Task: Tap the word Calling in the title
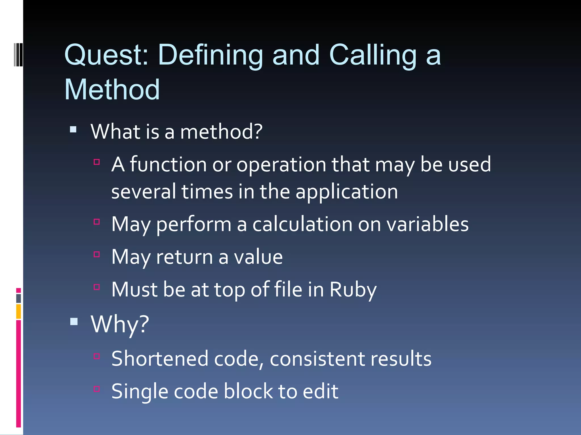pos(373,55)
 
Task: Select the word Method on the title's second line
pos(112,90)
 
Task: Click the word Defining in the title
pos(210,55)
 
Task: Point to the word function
pos(168,165)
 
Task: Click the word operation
pos(281,165)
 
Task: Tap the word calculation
pos(302,224)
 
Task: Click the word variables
pos(428,224)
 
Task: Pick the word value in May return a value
pos(258,257)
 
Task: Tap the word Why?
pos(120,324)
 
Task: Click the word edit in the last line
pos(321,391)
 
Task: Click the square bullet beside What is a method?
pos(73,130)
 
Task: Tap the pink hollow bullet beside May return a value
pos(97,254)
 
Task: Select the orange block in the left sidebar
pos(18,311)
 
